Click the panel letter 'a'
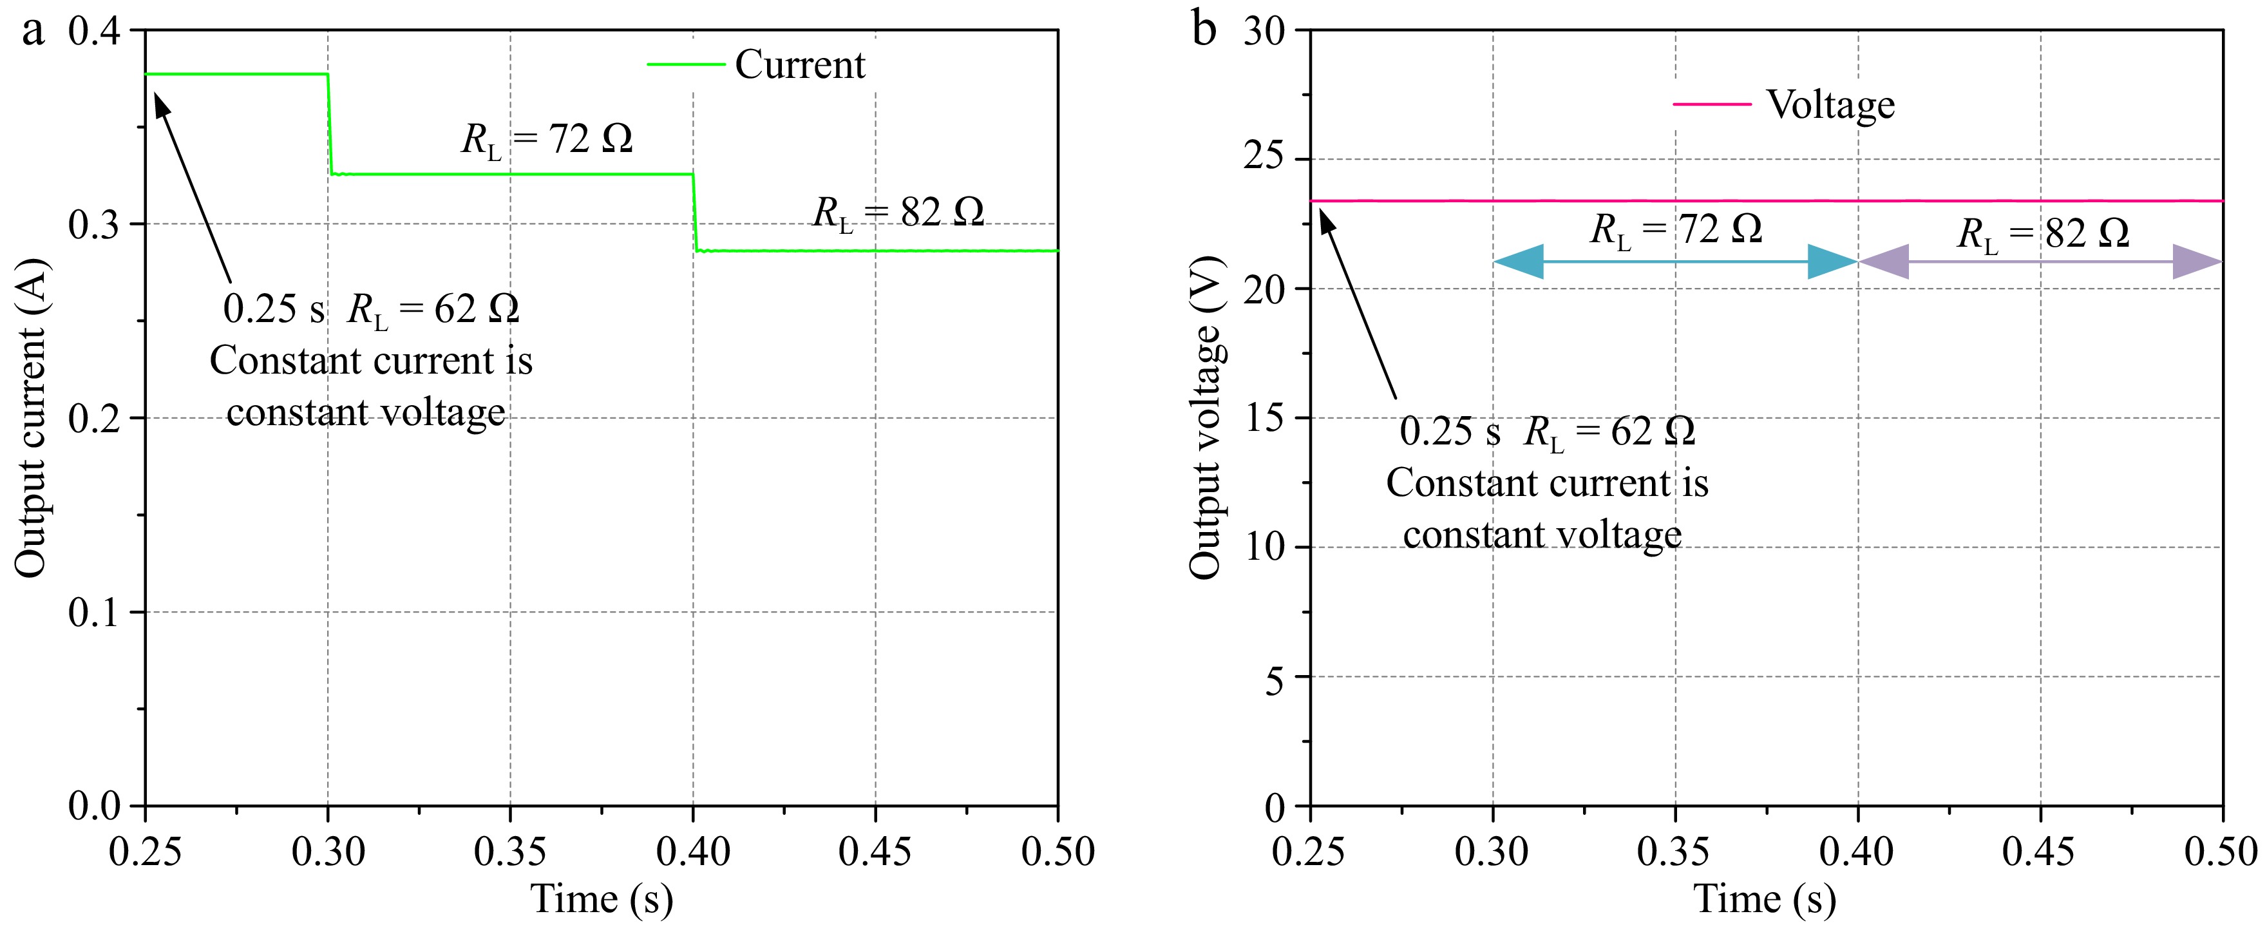pyautogui.click(x=33, y=32)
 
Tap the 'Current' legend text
pyautogui.click(x=799, y=65)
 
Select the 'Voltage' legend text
pyautogui.click(x=1830, y=105)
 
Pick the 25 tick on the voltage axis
pyautogui.click(x=1264, y=159)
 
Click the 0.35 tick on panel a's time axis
pyautogui.click(x=511, y=851)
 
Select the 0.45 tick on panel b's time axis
pyautogui.click(x=2039, y=851)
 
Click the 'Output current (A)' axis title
pyautogui.click(x=31, y=418)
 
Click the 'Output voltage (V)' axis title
pyautogui.click(x=1206, y=418)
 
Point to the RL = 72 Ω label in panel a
pyautogui.click(x=547, y=140)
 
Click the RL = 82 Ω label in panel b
pyautogui.click(x=2042, y=234)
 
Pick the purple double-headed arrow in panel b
pyautogui.click(x=2040, y=262)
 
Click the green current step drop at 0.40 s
pyautogui.click(x=694, y=212)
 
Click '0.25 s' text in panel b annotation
pyautogui.click(x=1448, y=431)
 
